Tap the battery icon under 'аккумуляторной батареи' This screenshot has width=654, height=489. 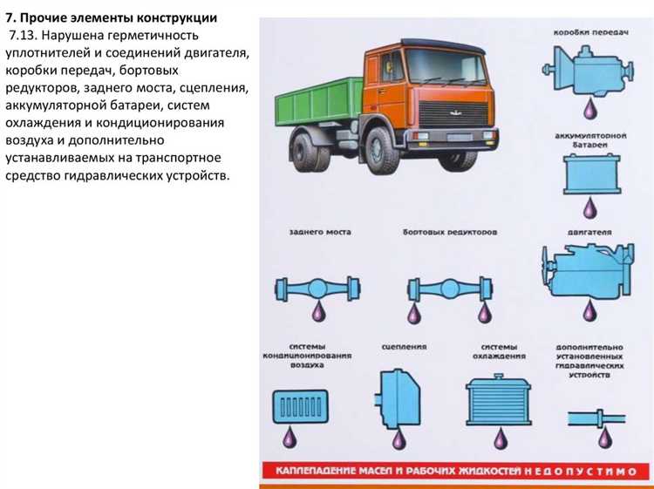tap(589, 175)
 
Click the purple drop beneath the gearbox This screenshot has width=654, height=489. tap(590, 110)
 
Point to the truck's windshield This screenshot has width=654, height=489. tap(446, 67)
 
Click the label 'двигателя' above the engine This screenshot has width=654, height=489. tap(592, 233)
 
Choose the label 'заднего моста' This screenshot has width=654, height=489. tap(320, 233)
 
